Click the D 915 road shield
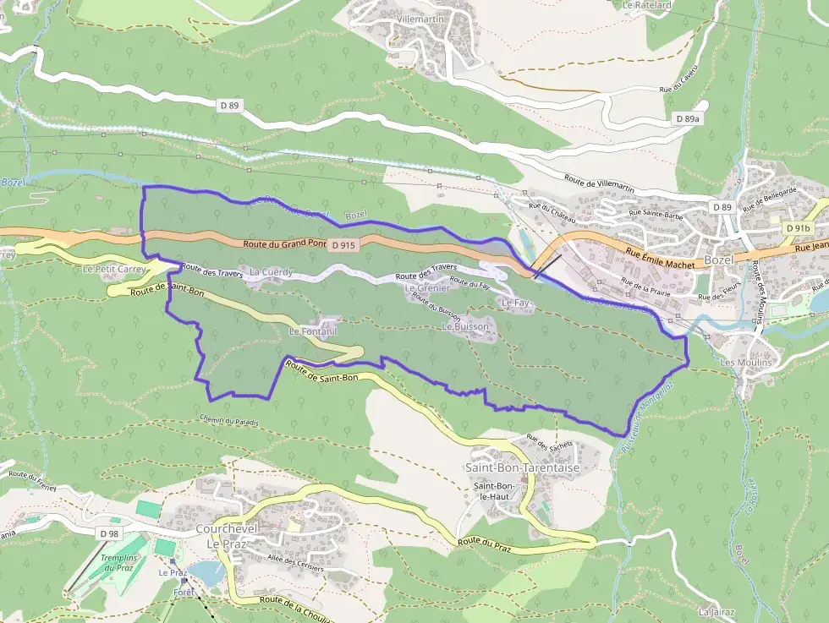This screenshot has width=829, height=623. (x=342, y=245)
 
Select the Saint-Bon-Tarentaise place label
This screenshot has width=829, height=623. (x=510, y=467)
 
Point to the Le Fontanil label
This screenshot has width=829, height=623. (x=313, y=332)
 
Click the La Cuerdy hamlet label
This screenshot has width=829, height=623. (x=272, y=272)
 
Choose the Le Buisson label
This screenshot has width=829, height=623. (x=465, y=326)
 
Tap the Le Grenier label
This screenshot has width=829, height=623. (x=427, y=288)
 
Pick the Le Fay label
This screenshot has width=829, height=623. (x=515, y=303)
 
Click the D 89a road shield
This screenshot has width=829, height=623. (x=688, y=119)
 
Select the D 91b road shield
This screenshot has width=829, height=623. (x=797, y=228)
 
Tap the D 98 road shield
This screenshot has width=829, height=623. (x=108, y=533)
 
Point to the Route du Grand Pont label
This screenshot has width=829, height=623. (x=284, y=243)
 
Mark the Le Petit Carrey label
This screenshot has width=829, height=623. (x=114, y=269)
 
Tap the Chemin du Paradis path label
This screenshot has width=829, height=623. (x=229, y=421)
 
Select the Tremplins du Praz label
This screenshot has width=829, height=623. (x=119, y=562)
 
